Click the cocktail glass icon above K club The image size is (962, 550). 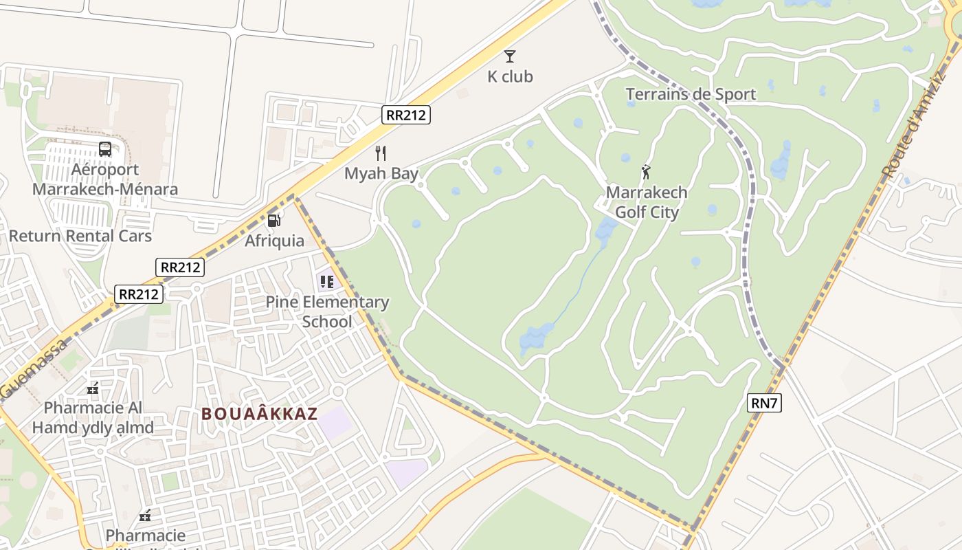click(x=509, y=56)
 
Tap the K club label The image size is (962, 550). click(x=510, y=77)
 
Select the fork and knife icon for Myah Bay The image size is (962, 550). click(x=381, y=153)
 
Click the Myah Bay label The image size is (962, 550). click(x=381, y=173)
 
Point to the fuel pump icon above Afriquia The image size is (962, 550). click(x=274, y=221)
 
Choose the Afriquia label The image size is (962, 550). click(x=274, y=241)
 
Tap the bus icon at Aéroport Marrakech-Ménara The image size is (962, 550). click(x=105, y=149)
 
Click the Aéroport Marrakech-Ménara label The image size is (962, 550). click(x=105, y=179)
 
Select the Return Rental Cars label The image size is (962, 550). click(x=80, y=236)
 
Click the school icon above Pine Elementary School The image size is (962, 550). click(x=326, y=282)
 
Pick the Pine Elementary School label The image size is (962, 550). click(x=327, y=311)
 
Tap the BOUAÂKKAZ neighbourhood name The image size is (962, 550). click(x=259, y=414)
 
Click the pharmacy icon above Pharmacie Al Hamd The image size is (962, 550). click(x=93, y=389)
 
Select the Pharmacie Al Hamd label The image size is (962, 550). click(x=93, y=417)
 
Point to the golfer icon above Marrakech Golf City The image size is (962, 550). click(x=646, y=172)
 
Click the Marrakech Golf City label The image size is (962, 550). click(x=646, y=202)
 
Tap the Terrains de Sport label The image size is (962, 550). click(x=691, y=94)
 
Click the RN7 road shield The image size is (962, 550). click(x=764, y=404)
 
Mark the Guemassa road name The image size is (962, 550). click(x=34, y=368)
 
